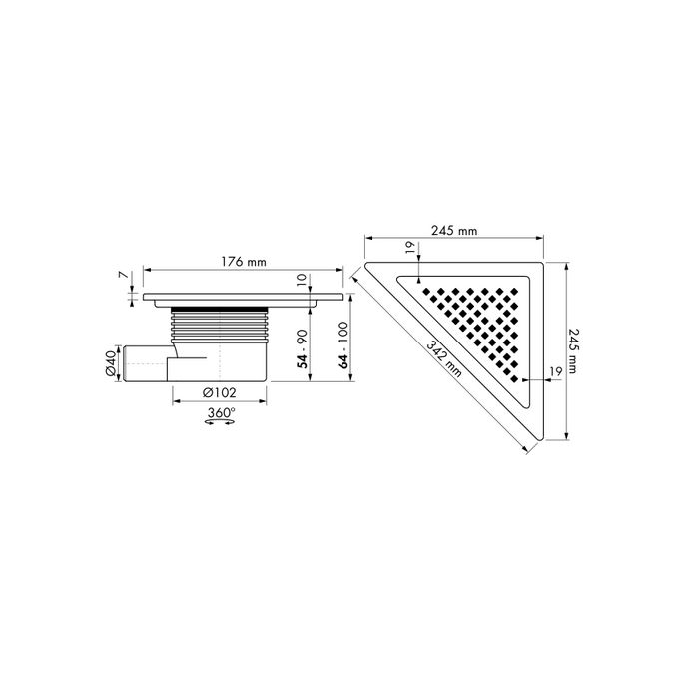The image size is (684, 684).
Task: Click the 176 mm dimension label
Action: pyautogui.click(x=243, y=262)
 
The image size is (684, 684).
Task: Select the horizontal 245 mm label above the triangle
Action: pyautogui.click(x=454, y=230)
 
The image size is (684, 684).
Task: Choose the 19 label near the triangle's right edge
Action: pyautogui.click(x=554, y=370)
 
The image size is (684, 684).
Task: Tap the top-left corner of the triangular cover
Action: pyautogui.click(x=368, y=268)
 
